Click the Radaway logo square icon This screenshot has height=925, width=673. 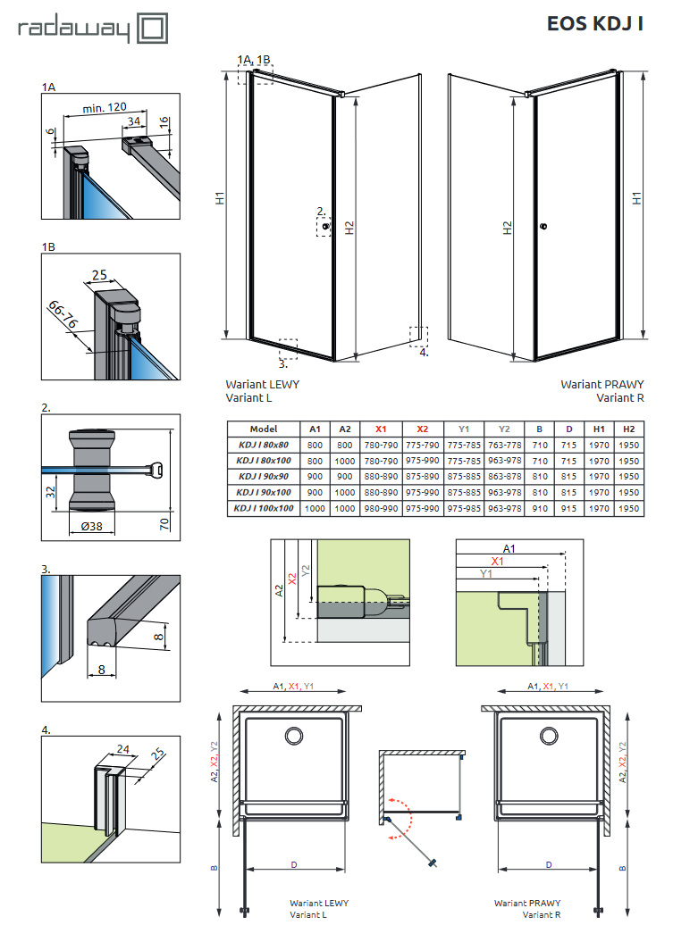point(153,29)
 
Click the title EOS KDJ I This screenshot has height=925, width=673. point(595,24)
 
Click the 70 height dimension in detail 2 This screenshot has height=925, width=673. point(164,522)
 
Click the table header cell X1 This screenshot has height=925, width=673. point(382,429)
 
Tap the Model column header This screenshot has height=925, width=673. point(264,429)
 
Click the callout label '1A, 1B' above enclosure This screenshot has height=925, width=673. point(254,60)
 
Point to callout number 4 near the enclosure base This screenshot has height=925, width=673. point(424,352)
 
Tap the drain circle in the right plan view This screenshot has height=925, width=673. point(546,735)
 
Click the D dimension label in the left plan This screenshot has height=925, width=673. point(293,864)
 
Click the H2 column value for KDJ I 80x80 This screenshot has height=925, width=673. point(629,445)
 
